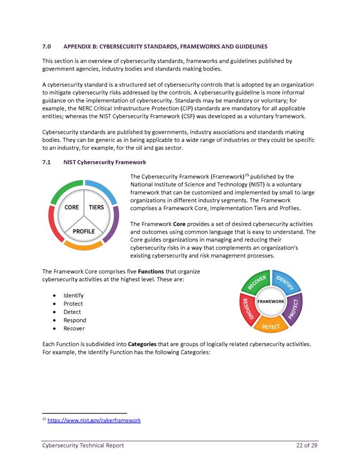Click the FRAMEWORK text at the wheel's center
(x=271, y=302)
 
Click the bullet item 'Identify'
(x=73, y=295)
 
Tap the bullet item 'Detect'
(x=72, y=312)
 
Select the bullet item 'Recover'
(x=73, y=328)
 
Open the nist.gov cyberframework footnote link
(x=94, y=420)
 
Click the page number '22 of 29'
(x=307, y=446)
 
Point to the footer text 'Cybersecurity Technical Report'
(x=83, y=446)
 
